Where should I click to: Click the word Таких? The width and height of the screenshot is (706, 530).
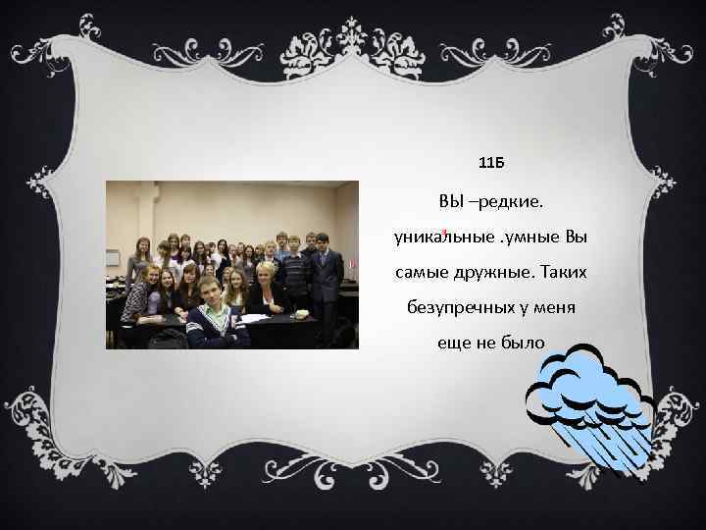coord(568,270)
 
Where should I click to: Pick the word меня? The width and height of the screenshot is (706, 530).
coord(553,307)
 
